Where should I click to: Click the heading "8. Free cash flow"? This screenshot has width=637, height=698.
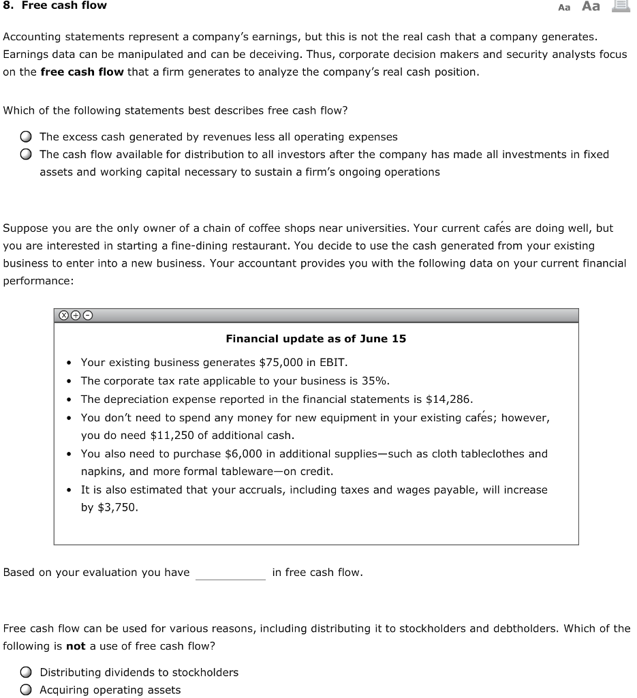55,5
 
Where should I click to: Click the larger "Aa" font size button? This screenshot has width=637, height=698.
591,6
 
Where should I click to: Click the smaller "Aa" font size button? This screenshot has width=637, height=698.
564,7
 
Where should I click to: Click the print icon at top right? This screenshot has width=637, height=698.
620,6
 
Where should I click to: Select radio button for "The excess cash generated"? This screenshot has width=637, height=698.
25,137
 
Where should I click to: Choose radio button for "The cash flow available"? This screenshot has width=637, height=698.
25,155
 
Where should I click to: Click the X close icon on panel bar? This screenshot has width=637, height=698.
63,316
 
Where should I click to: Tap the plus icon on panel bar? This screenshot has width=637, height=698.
75,316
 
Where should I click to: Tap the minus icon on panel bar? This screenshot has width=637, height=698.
87,316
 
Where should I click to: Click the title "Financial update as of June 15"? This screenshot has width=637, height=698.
315,339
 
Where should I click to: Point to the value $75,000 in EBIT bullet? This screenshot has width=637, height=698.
281,363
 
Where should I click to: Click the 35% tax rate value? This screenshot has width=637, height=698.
374,381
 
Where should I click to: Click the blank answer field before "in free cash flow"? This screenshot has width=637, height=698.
230,573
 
